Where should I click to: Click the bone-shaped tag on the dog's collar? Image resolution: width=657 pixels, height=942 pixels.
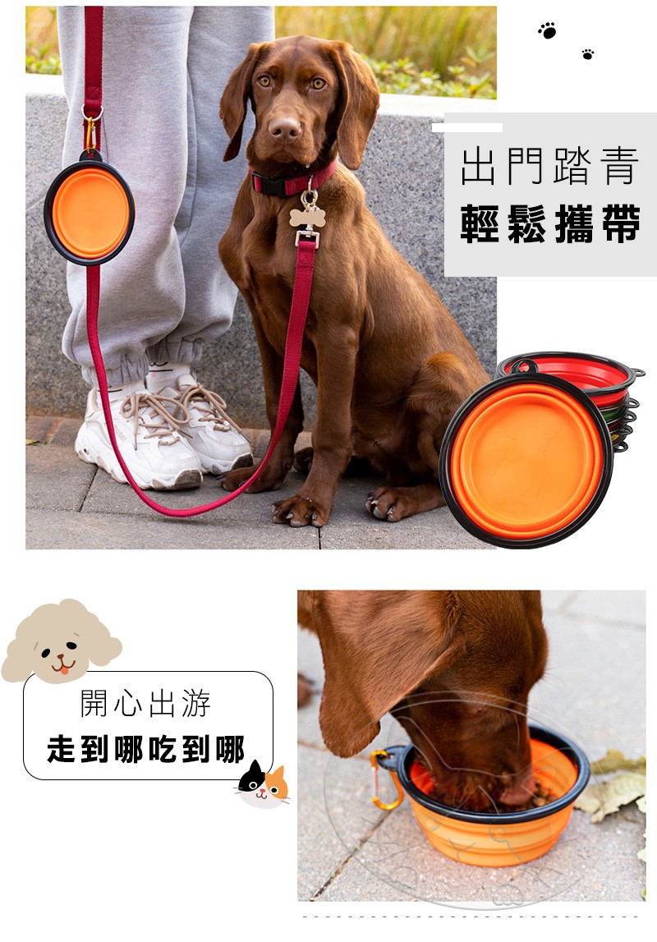[307, 217]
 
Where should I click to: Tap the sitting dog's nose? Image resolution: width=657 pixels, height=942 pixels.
[284, 126]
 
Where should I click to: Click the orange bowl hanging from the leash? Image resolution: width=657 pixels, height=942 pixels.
[90, 212]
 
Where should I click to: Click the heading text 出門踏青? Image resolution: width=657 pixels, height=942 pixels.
[550, 166]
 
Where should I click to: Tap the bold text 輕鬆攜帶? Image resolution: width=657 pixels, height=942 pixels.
[550, 223]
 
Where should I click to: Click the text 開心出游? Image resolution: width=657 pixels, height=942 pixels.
[146, 704]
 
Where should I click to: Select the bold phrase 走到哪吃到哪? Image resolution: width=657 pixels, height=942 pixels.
[146, 749]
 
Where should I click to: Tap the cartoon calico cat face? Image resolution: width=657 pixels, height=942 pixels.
[263, 784]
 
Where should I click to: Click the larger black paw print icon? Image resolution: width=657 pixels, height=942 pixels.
[547, 30]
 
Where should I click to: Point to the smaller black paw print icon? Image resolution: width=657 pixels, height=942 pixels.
[588, 54]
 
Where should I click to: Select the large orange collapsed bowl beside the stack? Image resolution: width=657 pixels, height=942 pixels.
[526, 460]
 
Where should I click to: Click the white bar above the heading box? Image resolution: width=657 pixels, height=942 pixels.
[467, 127]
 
